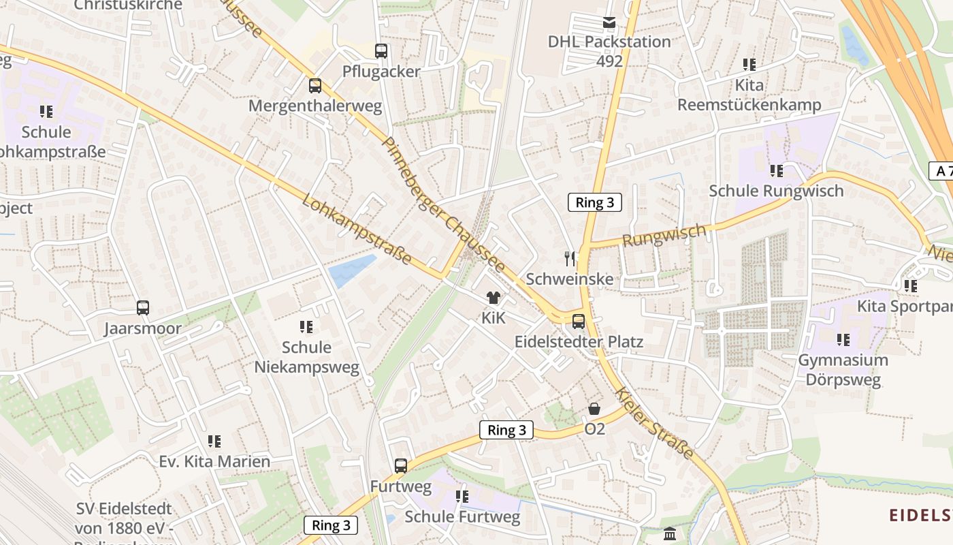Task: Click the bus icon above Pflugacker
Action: pos(381,50)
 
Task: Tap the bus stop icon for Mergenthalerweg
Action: pos(314,86)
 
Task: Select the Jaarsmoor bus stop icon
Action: pos(143,308)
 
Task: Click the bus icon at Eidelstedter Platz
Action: pos(579,321)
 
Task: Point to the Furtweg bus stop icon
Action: pos(401,466)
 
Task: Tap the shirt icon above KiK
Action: pos(494,298)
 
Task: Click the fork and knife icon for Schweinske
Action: pos(570,258)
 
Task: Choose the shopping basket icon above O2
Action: pos(594,409)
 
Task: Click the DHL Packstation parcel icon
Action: pos(609,23)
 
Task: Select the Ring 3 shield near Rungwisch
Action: pos(595,202)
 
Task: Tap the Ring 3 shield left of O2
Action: pos(506,430)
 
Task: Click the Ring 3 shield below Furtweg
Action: pos(331,525)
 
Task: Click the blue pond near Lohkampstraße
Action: pos(352,270)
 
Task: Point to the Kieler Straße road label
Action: pos(654,423)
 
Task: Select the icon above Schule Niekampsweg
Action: pos(306,327)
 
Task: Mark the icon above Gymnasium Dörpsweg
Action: pos(843,339)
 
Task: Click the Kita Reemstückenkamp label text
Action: pos(749,95)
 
